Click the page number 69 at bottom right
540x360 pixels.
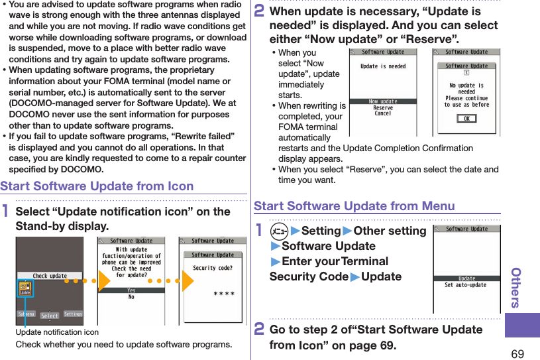(x=517, y=353)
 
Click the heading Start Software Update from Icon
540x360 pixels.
(x=97, y=186)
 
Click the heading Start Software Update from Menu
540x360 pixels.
(x=354, y=206)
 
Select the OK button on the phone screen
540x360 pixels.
(x=466, y=119)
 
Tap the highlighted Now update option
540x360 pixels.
(x=383, y=101)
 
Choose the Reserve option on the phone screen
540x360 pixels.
(x=383, y=107)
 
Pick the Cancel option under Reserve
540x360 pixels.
(x=383, y=113)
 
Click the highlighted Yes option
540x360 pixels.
(x=131, y=290)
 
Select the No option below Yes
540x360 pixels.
(x=131, y=297)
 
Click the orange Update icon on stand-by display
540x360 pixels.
(x=25, y=289)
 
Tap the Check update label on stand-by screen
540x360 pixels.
(x=50, y=276)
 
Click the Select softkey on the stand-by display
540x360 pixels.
(x=50, y=316)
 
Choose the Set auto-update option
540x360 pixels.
(x=466, y=285)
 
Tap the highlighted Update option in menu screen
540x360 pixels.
(x=466, y=278)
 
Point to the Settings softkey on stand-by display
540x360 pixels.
(x=73, y=314)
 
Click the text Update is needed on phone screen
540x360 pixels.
(x=383, y=66)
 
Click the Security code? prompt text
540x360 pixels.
(x=213, y=269)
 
